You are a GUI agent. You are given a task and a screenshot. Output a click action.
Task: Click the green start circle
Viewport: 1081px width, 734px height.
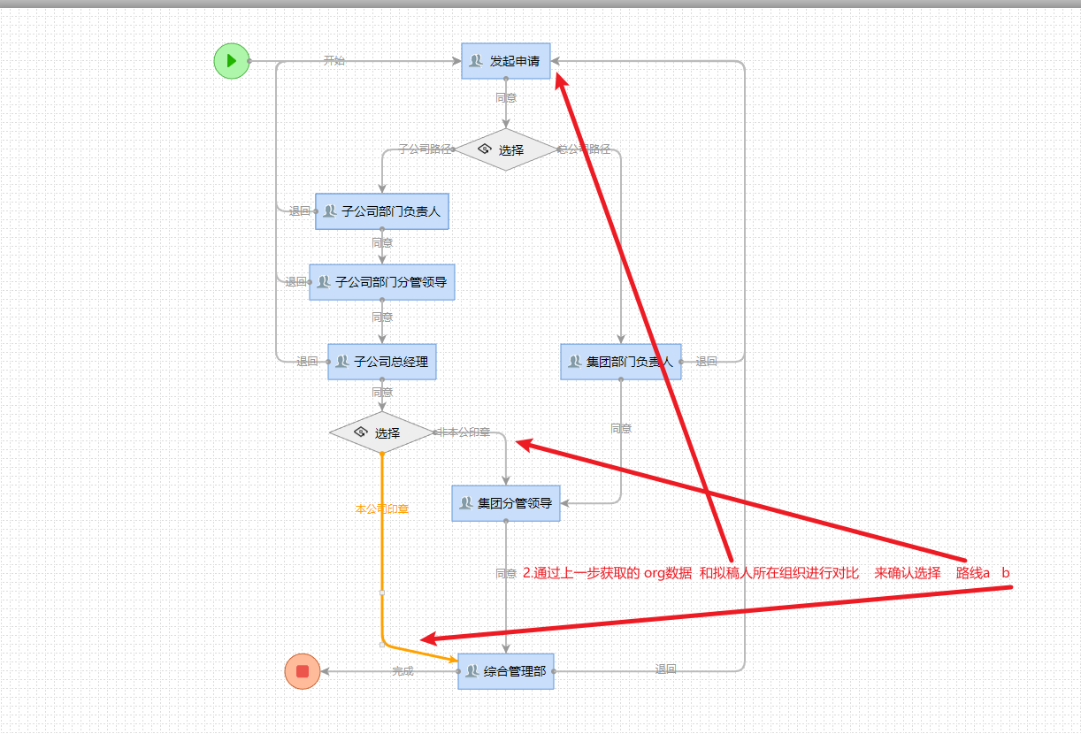pyautogui.click(x=231, y=61)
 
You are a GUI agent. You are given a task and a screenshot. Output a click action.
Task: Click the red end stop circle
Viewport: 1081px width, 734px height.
pyautogui.click(x=303, y=671)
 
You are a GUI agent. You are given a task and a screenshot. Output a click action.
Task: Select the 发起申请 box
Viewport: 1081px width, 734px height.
pyautogui.click(x=506, y=61)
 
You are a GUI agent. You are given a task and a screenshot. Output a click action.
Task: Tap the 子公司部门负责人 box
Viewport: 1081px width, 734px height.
pyautogui.click(x=382, y=211)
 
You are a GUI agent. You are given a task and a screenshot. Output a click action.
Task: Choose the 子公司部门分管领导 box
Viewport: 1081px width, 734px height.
pyautogui.click(x=382, y=282)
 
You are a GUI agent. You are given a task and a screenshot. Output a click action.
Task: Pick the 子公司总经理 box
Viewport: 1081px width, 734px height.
pyautogui.click(x=382, y=362)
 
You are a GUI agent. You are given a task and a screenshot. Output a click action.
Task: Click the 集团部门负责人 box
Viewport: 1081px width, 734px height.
pyautogui.click(x=621, y=362)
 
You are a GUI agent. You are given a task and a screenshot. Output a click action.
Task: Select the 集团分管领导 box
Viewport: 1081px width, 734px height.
pyautogui.click(x=506, y=503)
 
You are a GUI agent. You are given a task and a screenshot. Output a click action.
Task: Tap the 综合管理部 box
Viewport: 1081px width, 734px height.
pyautogui.click(x=506, y=671)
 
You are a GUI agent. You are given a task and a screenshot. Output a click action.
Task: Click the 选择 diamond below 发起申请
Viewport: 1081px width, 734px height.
pyautogui.click(x=505, y=149)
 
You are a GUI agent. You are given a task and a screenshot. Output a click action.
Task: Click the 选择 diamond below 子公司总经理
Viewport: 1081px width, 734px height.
pyautogui.click(x=381, y=432)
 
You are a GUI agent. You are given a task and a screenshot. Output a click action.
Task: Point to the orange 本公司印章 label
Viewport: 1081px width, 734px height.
pyautogui.click(x=381, y=509)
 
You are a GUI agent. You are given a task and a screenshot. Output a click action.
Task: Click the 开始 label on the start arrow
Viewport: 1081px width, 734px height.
pyautogui.click(x=333, y=61)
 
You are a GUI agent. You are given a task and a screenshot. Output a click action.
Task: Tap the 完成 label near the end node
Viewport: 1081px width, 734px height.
pyautogui.click(x=402, y=671)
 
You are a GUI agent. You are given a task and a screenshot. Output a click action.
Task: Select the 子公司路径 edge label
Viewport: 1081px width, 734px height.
pyautogui.click(x=424, y=149)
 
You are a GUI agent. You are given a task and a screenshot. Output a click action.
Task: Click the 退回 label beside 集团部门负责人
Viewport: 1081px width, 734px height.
pyautogui.click(x=706, y=362)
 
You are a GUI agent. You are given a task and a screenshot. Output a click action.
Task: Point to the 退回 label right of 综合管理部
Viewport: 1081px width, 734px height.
pyautogui.click(x=665, y=670)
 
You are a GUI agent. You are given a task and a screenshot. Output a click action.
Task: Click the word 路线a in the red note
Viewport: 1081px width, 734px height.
pyautogui.click(x=972, y=573)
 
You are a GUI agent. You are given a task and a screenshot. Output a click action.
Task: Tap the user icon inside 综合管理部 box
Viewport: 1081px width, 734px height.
pyautogui.click(x=472, y=671)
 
